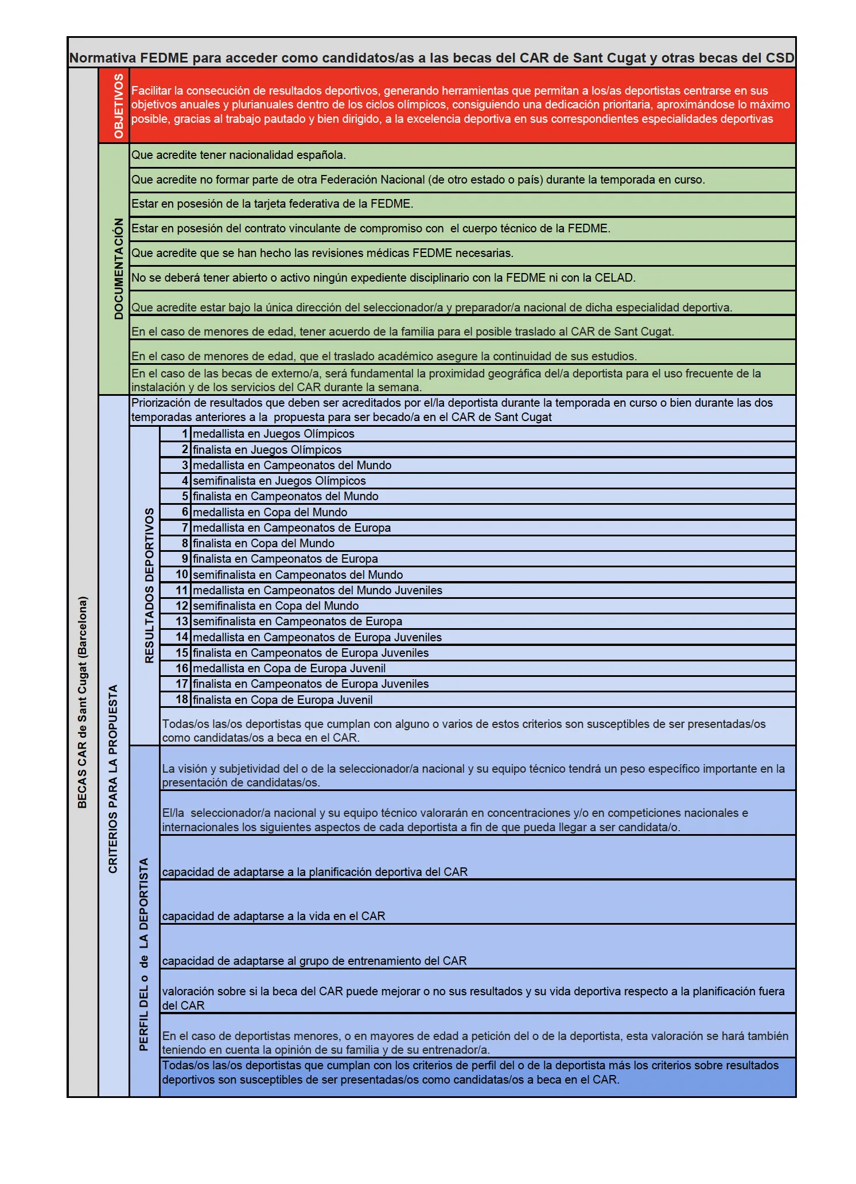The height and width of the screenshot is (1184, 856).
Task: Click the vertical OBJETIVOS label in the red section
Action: (x=119, y=106)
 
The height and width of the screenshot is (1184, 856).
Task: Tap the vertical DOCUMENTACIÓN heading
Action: (x=119, y=268)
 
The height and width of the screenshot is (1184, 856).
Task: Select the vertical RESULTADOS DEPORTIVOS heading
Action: (x=149, y=585)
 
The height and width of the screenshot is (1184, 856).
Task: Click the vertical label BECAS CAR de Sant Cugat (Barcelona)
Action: (x=83, y=702)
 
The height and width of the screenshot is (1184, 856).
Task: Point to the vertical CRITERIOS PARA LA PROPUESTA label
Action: (x=113, y=778)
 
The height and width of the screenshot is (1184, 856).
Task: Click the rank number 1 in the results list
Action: (x=185, y=434)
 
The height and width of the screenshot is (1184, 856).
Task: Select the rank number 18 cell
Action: (x=182, y=699)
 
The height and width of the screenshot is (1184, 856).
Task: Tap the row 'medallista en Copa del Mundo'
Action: (x=270, y=512)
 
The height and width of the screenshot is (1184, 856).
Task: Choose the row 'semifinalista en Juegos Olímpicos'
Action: (x=279, y=481)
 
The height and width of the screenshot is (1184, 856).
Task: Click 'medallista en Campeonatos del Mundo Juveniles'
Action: (x=317, y=590)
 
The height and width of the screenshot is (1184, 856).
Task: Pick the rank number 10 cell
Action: (x=182, y=574)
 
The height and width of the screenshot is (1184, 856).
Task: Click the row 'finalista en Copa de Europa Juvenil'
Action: (x=282, y=700)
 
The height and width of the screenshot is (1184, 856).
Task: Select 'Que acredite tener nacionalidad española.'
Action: (x=239, y=155)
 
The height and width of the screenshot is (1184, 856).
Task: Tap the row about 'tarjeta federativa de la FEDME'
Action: (x=272, y=204)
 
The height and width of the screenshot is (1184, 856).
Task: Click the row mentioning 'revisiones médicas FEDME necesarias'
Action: (x=322, y=253)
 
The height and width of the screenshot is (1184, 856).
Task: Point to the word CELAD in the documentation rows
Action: (x=614, y=278)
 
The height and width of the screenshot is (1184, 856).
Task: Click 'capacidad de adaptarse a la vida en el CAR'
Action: (x=273, y=916)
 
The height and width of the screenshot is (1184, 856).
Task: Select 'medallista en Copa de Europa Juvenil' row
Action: (x=289, y=668)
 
